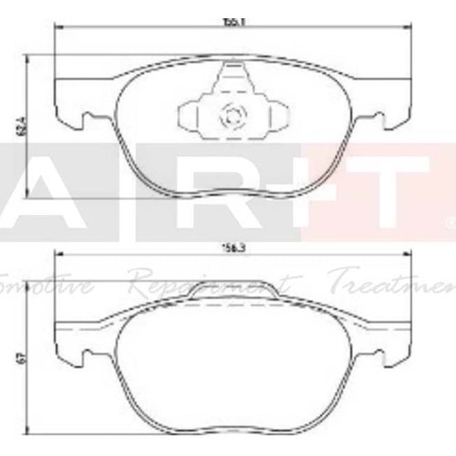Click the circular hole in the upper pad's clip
pos(230,116)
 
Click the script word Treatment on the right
pos(392,278)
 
